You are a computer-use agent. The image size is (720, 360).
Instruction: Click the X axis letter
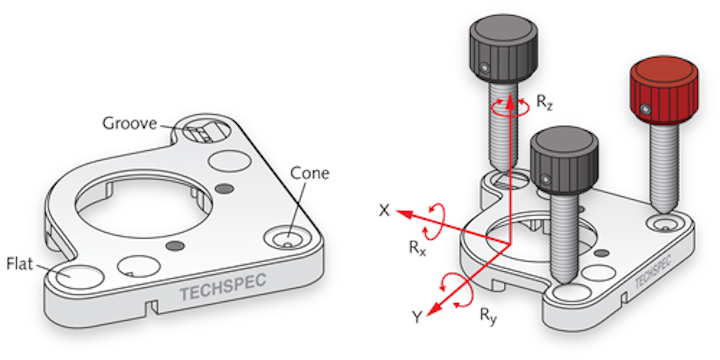click(383, 212)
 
